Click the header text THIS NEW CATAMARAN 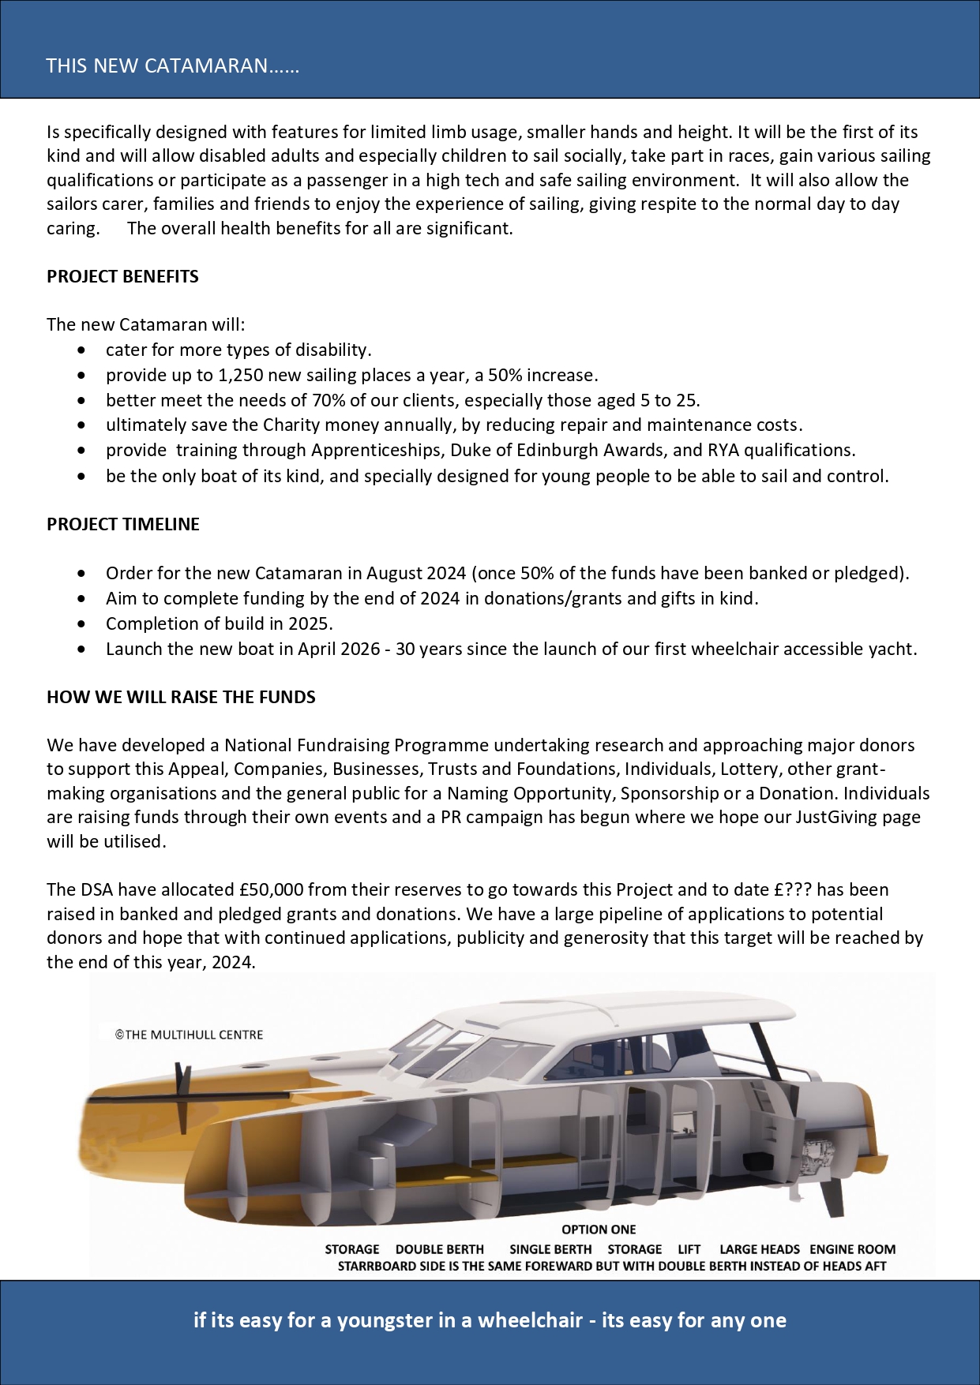[x=172, y=66]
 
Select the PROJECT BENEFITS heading [x=122, y=276]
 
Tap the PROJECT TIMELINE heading [x=122, y=524]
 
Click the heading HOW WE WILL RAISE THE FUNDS [x=181, y=697]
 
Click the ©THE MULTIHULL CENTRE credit [x=189, y=1035]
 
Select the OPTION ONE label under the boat [x=599, y=1230]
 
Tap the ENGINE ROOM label [x=852, y=1249]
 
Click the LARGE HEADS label [x=759, y=1249]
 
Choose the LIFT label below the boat [x=689, y=1249]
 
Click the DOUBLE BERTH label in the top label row [x=439, y=1249]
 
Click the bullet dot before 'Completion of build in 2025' [x=82, y=623]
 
